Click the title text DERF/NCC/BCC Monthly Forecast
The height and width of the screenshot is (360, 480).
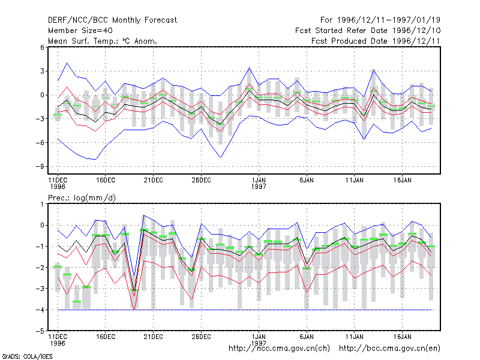point(112,20)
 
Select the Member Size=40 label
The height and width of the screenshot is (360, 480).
point(80,31)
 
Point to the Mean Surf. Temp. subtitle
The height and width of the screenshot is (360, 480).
point(103,41)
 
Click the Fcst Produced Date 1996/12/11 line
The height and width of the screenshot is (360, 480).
point(376,41)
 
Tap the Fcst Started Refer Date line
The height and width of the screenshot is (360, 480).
point(368,31)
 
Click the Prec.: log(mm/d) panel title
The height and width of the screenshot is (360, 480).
point(82,198)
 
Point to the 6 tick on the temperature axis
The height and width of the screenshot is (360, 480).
point(42,47)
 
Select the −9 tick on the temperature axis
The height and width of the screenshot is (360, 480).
point(40,167)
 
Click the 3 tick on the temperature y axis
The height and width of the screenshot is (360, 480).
point(42,71)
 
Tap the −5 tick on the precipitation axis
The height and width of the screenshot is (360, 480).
point(40,331)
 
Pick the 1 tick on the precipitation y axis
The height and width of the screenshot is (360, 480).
point(42,204)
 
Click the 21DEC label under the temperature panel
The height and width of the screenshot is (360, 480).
point(154,180)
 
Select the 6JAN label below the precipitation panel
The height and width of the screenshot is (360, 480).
point(307,337)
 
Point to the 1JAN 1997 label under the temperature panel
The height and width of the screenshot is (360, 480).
point(259,183)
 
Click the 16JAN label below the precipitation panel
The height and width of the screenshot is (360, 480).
point(402,337)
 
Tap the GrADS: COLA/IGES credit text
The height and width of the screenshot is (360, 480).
point(27,356)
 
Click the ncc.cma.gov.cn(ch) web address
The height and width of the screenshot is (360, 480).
point(279,349)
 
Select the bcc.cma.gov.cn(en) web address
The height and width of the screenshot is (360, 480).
point(389,349)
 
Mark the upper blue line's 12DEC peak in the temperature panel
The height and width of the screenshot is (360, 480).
point(67,63)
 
